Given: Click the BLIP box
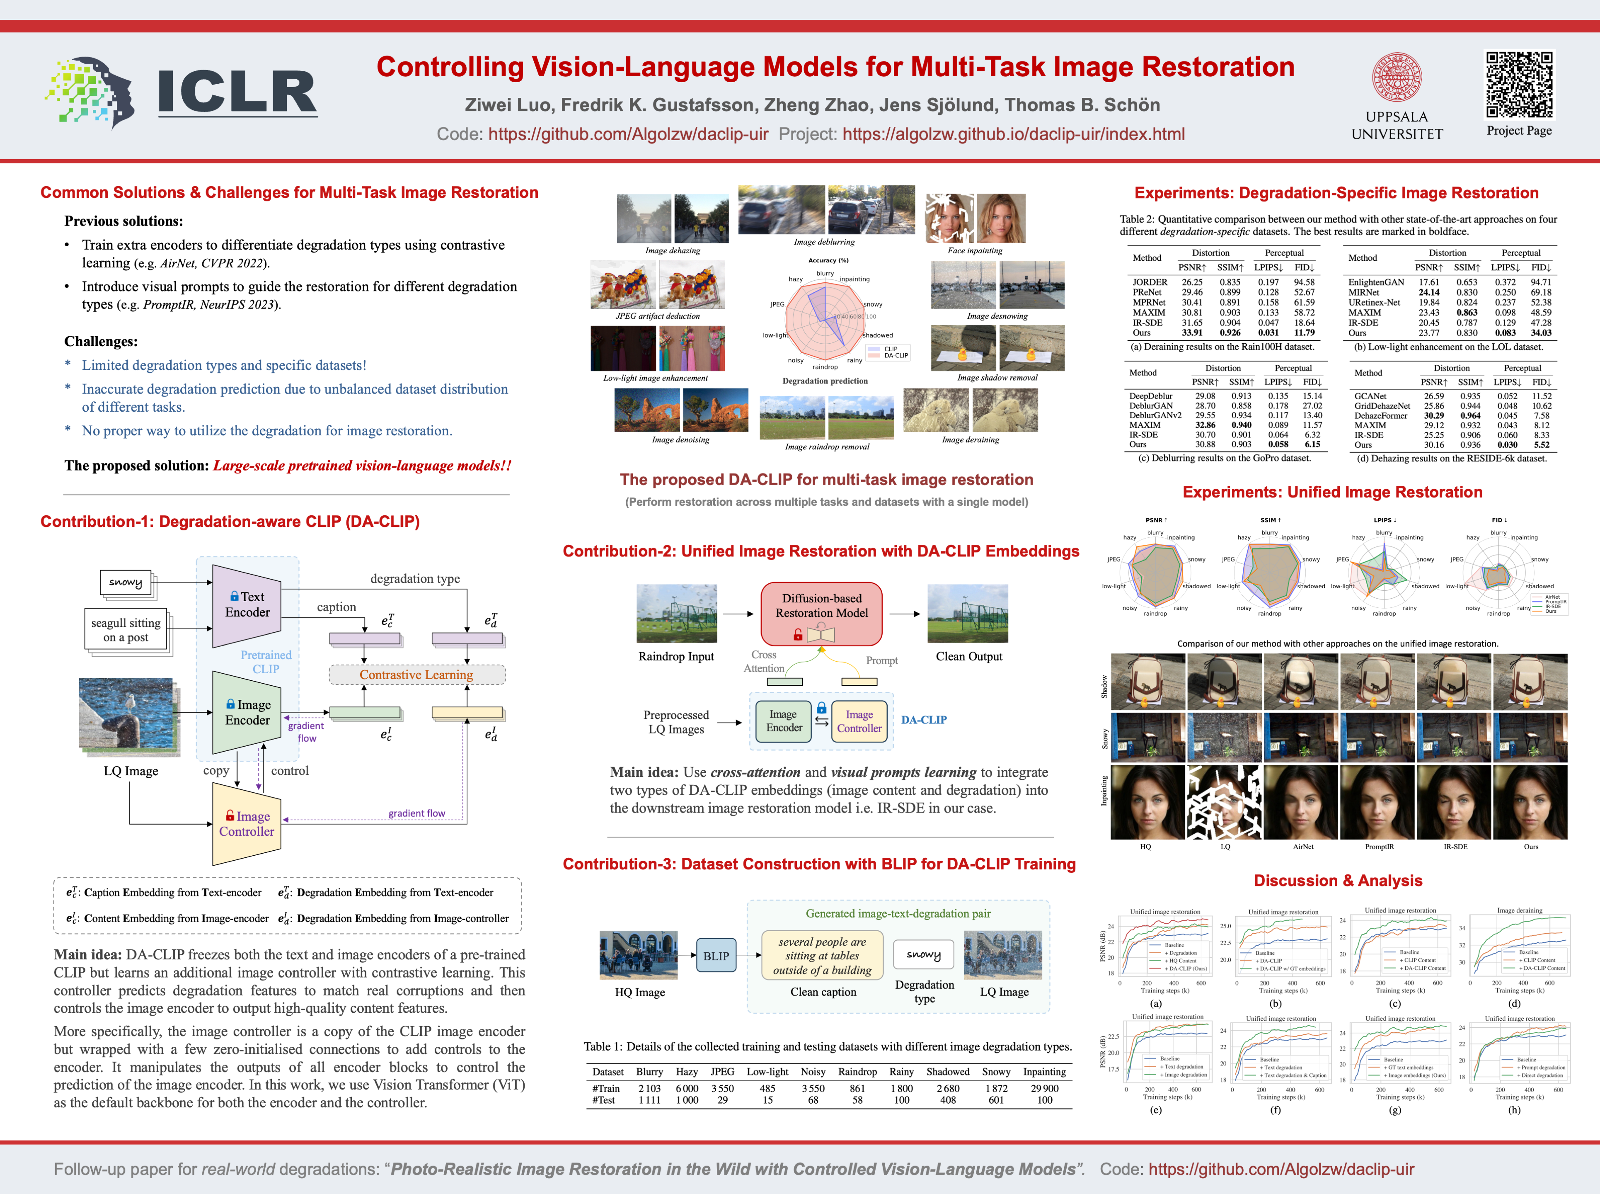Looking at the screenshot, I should [x=716, y=956].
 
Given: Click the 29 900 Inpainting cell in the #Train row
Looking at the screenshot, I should [x=1045, y=1088].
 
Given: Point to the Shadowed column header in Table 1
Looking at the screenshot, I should [x=948, y=1072].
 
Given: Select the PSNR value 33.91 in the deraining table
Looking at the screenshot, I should [x=1192, y=333].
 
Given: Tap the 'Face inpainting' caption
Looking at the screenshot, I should [x=974, y=251].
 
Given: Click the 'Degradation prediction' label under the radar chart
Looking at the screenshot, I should [x=825, y=381].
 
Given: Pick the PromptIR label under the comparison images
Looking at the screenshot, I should [x=1379, y=846].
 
